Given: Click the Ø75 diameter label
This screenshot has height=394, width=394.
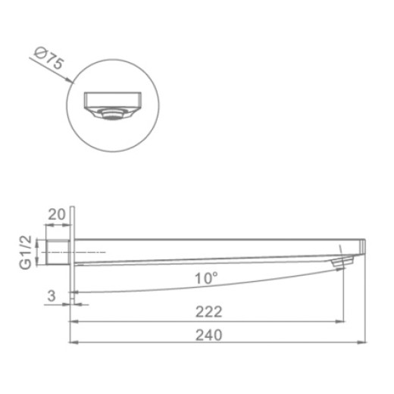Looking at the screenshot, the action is coord(48,58).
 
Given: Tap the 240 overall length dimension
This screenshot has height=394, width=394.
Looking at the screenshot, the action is coord(209,335).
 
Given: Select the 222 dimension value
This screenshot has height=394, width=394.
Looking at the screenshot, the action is coord(209,311).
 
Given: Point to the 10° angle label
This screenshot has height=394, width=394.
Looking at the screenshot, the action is coord(206,278).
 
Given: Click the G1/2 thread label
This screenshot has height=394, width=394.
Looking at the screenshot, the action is coord(26,252).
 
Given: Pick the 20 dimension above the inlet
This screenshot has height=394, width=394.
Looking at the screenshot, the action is coord(57,214).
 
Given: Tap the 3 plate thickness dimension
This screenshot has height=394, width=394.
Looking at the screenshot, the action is coord(52,295).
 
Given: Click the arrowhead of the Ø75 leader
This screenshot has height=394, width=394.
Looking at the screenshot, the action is coord(70,80).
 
